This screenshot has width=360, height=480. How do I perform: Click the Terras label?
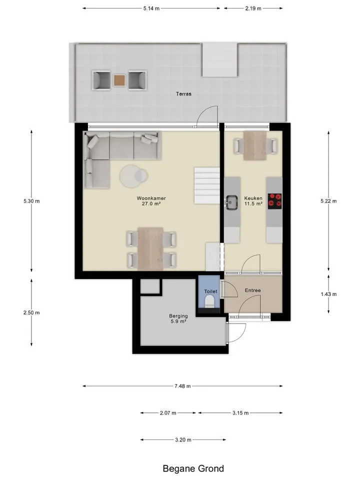[183, 94]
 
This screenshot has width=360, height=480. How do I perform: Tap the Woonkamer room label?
[151, 198]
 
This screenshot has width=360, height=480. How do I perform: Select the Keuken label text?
[253, 198]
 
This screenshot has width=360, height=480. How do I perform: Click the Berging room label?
[178, 316]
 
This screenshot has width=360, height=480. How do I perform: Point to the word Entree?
[253, 290]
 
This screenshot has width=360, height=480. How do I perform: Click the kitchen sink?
[231, 202]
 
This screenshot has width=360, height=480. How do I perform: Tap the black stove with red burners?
[275, 201]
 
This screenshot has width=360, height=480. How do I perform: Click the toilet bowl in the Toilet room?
[210, 301]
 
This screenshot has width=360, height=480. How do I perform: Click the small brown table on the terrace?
[119, 80]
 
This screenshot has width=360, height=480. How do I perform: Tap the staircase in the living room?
[207, 185]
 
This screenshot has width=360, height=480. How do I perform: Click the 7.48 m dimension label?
[183, 386]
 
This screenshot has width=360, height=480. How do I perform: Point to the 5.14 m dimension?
[151, 8]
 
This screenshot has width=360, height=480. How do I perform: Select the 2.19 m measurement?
[253, 8]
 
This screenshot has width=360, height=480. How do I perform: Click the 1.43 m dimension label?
[329, 294]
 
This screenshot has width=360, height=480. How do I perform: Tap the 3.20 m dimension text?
[183, 440]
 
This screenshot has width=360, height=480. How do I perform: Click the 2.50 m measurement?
[31, 312]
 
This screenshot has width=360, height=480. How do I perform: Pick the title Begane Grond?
[193, 468]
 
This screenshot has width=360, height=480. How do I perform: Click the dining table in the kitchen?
[255, 145]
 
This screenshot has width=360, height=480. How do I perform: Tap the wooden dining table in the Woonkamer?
[150, 249]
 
